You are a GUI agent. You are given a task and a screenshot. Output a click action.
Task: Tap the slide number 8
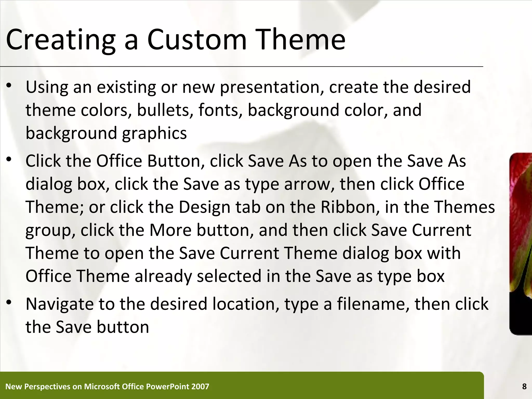pyautogui.click(x=524, y=387)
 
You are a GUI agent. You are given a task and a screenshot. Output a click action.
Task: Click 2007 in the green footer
pyautogui.click(x=200, y=387)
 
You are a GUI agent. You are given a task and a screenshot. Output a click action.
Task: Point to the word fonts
pyautogui.click(x=218, y=110)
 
